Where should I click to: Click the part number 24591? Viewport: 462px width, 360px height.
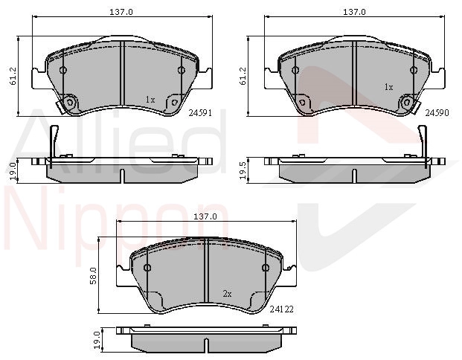coord(200,112)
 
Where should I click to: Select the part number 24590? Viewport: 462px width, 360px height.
coord(437,112)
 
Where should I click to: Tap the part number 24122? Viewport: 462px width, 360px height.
coord(282,309)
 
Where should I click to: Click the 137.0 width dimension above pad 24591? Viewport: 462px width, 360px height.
coord(121,12)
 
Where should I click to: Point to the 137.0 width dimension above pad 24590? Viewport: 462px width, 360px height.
coord(354,12)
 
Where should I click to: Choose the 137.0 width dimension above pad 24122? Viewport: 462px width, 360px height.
coord(205,216)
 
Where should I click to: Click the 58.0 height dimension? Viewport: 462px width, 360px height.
coord(93,275)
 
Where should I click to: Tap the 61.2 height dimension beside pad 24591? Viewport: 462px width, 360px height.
coord(13,77)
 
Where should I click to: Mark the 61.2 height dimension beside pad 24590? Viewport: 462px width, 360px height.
coord(243,77)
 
